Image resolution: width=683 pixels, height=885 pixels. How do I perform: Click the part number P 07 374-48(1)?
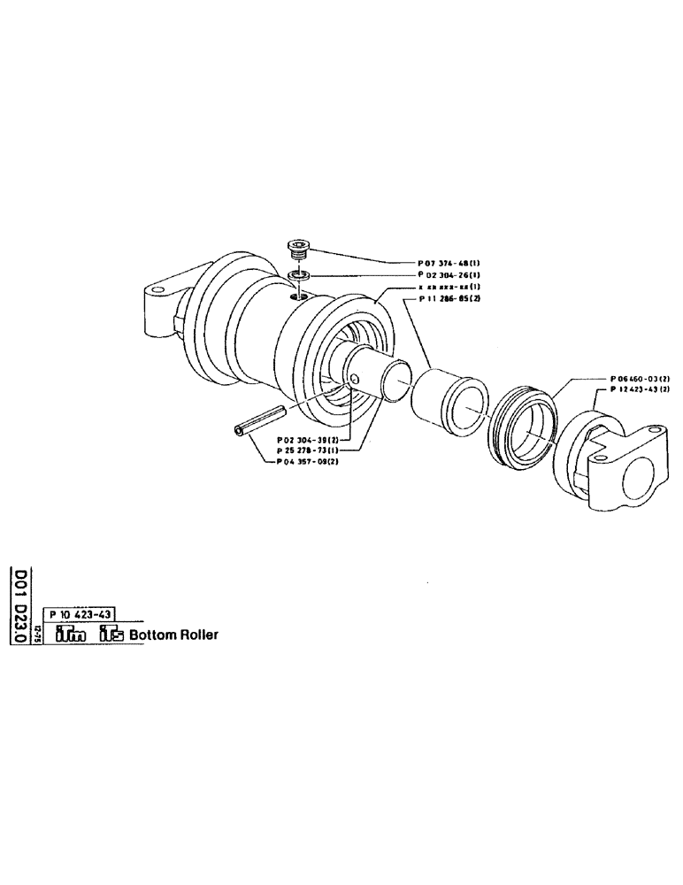pos(449,263)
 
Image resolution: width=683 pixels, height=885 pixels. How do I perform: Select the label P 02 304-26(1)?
pos(449,275)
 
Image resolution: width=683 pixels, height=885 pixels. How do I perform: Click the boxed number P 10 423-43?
pos(80,616)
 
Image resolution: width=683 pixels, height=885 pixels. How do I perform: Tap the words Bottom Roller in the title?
pos(173,635)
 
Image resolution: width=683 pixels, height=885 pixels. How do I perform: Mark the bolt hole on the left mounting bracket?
pos(157,291)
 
